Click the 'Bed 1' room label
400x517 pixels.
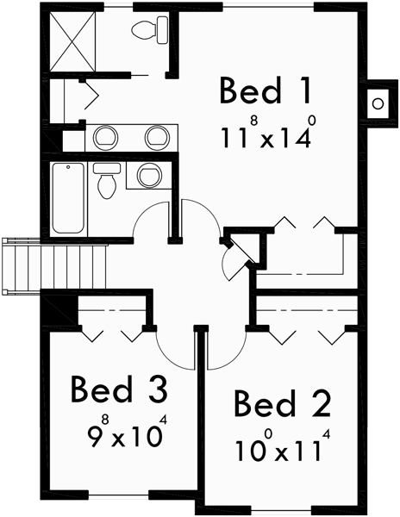[263, 90]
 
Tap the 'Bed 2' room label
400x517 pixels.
[278, 403]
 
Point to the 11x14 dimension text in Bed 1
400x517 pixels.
[263, 135]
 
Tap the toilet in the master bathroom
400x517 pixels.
[152, 32]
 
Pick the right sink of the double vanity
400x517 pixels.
[156, 136]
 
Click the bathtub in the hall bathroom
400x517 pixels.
[68, 197]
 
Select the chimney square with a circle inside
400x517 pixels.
[378, 104]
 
